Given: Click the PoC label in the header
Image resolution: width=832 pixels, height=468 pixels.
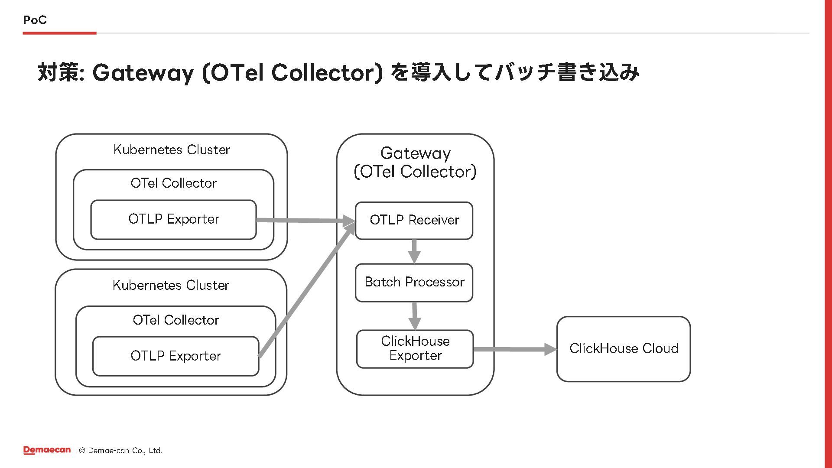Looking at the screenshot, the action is pyautogui.click(x=35, y=20).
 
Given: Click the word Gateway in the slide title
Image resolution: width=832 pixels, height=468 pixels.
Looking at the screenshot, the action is pyautogui.click(x=143, y=72).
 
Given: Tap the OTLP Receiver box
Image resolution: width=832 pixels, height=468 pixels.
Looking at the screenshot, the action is pyautogui.click(x=414, y=221).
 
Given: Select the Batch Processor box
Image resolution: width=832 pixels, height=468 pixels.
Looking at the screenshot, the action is pyautogui.click(x=414, y=283).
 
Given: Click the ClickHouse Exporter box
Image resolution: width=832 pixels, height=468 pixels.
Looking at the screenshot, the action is pyautogui.click(x=415, y=349).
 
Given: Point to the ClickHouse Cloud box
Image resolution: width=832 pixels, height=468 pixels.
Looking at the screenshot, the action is pyautogui.click(x=624, y=349).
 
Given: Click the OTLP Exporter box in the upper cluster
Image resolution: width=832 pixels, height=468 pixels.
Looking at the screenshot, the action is pyautogui.click(x=173, y=220).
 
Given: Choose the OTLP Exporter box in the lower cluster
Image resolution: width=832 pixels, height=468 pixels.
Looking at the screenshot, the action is pyautogui.click(x=175, y=356).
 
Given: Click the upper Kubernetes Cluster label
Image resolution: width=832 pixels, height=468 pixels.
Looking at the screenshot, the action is pyautogui.click(x=172, y=150).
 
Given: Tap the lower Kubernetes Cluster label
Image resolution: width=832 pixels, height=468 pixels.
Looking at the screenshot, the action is pyautogui.click(x=171, y=286).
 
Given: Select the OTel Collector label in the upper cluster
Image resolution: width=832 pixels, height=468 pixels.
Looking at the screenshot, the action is pyautogui.click(x=173, y=183).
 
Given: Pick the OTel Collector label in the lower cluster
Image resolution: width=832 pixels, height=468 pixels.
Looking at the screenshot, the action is pyautogui.click(x=175, y=320).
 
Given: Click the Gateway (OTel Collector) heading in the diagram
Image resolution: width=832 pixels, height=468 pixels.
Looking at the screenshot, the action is pyautogui.click(x=415, y=162).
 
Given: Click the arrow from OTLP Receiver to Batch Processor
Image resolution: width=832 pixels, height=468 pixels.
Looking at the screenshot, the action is pyautogui.click(x=414, y=251).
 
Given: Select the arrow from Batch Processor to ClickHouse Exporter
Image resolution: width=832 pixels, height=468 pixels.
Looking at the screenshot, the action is pyautogui.click(x=415, y=316).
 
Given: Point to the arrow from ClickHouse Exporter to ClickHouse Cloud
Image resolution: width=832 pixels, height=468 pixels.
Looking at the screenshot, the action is pyautogui.click(x=515, y=349).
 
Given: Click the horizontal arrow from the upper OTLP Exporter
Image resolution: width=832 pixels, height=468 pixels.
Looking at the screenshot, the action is pyautogui.click(x=306, y=221).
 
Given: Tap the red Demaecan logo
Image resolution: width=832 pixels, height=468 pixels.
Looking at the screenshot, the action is pyautogui.click(x=47, y=450).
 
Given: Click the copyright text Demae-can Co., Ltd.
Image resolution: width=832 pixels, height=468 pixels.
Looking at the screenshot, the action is pyautogui.click(x=125, y=451).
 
